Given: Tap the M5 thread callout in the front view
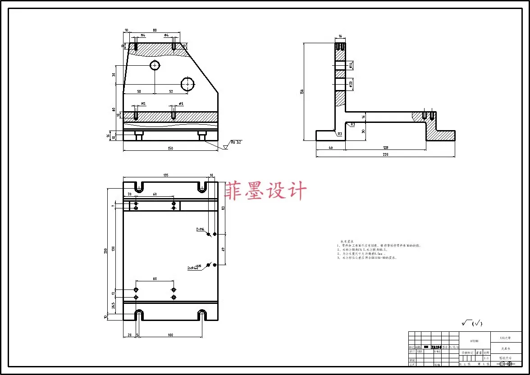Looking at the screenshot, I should [x=143, y=104].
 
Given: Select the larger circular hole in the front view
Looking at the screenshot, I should [x=187, y=84].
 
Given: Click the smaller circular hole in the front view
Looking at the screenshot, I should [x=155, y=66].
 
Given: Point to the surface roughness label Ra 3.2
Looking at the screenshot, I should [x=237, y=142].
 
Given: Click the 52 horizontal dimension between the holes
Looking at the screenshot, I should [x=171, y=91].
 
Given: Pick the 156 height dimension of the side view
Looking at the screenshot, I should [x=302, y=91].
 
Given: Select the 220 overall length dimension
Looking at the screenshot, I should [x=385, y=154].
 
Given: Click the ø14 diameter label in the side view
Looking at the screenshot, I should [x=351, y=66].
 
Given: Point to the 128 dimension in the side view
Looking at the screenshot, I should [x=385, y=147].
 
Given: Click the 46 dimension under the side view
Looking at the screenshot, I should [x=330, y=147].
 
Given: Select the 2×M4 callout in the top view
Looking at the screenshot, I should [x=200, y=229].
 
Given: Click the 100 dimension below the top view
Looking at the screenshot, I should [x=170, y=335].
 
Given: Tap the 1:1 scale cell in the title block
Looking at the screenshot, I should [x=486, y=358].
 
